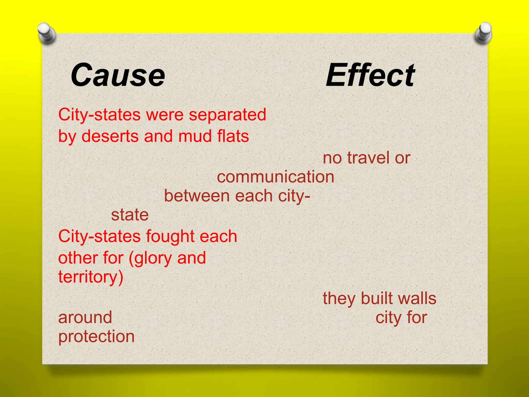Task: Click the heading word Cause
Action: pyautogui.click(x=118, y=75)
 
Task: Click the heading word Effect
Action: pyautogui.click(x=370, y=75)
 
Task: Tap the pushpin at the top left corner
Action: pyautogui.click(x=46, y=33)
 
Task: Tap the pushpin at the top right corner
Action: pyautogui.click(x=483, y=33)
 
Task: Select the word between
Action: pyautogui.click(x=196, y=196)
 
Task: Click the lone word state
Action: pyautogui.click(x=130, y=215)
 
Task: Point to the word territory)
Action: pyautogui.click(x=91, y=277)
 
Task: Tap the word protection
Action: pyautogui.click(x=96, y=337)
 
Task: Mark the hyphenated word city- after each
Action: pyautogui.click(x=294, y=196)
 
